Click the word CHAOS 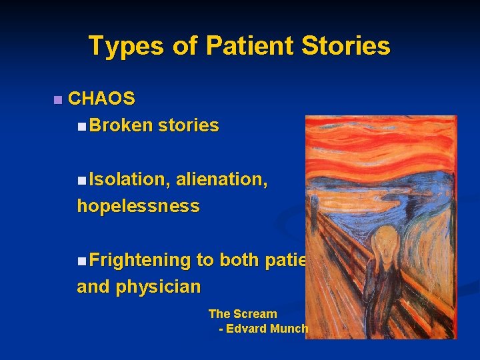coord(101,99)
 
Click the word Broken coord(121,126)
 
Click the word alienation coord(222,179)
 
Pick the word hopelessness coord(138,207)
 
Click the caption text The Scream coord(243,314)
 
